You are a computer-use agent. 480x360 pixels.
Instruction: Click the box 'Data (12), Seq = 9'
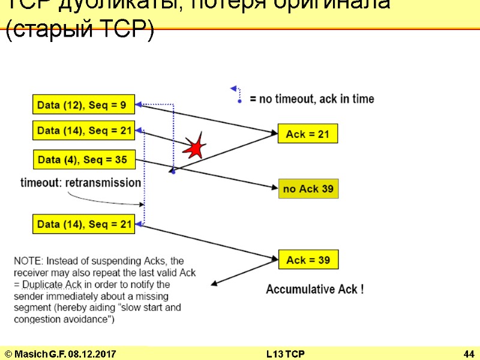click(83, 106)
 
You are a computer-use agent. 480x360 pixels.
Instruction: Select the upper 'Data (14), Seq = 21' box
click(83, 130)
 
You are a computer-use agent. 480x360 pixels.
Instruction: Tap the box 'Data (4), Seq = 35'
click(83, 160)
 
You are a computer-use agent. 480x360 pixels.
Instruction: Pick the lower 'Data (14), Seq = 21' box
click(83, 224)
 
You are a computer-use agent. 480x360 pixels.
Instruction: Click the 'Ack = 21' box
click(308, 134)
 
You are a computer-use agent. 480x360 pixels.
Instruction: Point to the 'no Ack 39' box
click(308, 189)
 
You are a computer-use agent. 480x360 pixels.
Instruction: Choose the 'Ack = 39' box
click(308, 260)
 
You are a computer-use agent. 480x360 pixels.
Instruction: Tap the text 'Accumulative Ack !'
click(314, 289)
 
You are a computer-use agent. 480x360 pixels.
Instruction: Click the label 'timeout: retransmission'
click(81, 182)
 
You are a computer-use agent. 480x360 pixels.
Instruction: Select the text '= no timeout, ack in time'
click(312, 99)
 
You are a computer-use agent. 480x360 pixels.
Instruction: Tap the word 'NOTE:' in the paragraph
click(28, 261)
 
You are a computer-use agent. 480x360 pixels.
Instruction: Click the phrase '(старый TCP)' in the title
click(79, 31)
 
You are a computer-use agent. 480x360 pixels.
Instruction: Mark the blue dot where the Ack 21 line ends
click(172, 172)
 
